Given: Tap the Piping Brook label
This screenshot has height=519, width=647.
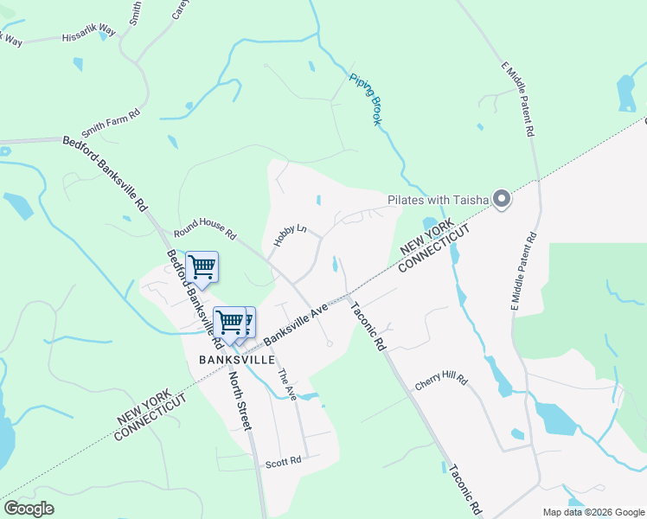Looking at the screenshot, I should (365, 99).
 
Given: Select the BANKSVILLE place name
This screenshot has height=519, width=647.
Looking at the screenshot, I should (230, 359).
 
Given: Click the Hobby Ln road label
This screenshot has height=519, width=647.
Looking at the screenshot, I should (290, 234).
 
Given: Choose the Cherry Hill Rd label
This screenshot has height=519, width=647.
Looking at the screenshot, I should (440, 381).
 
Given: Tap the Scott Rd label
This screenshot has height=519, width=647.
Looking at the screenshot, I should (283, 462).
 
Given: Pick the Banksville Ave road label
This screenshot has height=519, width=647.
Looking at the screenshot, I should (296, 324).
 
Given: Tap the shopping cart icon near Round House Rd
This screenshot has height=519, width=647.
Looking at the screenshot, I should (202, 267).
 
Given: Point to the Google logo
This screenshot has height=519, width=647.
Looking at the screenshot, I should (29, 509).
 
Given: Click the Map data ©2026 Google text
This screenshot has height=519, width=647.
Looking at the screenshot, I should (593, 512).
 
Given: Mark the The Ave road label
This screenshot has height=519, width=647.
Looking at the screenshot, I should (286, 384).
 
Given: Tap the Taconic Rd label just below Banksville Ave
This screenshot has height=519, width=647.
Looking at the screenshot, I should (368, 324).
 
